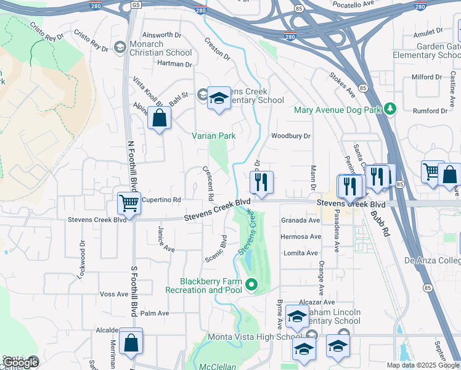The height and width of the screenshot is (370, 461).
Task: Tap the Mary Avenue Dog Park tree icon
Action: click(x=390, y=110)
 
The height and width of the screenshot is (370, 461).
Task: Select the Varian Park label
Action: click(x=214, y=135)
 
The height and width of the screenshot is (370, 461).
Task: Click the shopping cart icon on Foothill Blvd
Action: click(x=129, y=202)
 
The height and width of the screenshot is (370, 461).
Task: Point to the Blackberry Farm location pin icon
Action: click(x=250, y=285)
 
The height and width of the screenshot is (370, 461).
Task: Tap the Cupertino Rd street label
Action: click(x=161, y=200)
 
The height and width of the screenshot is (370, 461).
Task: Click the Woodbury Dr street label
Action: click(x=292, y=136)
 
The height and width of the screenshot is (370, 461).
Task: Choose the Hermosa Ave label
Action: click(x=301, y=237)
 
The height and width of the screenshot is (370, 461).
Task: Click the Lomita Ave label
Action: click(x=301, y=253)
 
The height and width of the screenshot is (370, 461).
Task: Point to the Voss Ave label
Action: click(x=113, y=294)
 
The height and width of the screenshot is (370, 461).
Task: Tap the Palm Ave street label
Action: click(x=155, y=313)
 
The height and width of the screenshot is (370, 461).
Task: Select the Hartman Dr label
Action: click(x=175, y=64)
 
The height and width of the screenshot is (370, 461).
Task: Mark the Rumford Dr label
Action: click(x=430, y=111)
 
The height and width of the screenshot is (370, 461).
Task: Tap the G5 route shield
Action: click(x=136, y=5)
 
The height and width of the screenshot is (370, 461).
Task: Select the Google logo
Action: click(x=20, y=363)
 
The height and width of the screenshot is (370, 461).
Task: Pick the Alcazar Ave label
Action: click(x=317, y=303)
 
